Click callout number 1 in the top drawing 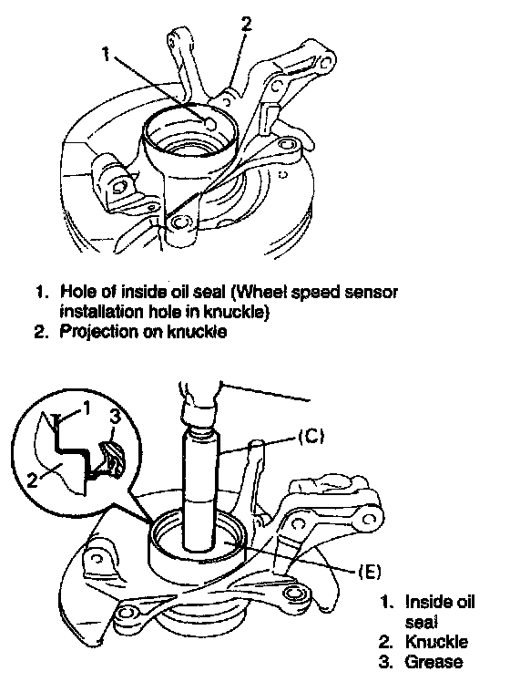pos(107,54)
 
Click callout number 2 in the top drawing pos(247,23)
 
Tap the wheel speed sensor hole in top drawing pos(209,124)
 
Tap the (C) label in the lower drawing pos(311,436)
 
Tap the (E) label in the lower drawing pos(369,571)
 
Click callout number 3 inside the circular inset pos(114,417)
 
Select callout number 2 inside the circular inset pos(32,480)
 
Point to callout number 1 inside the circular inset pos(86,408)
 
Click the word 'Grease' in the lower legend pos(433,662)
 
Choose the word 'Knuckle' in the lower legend pos(436,642)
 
